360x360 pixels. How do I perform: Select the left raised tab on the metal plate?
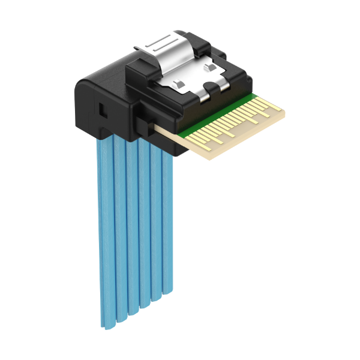178,82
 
